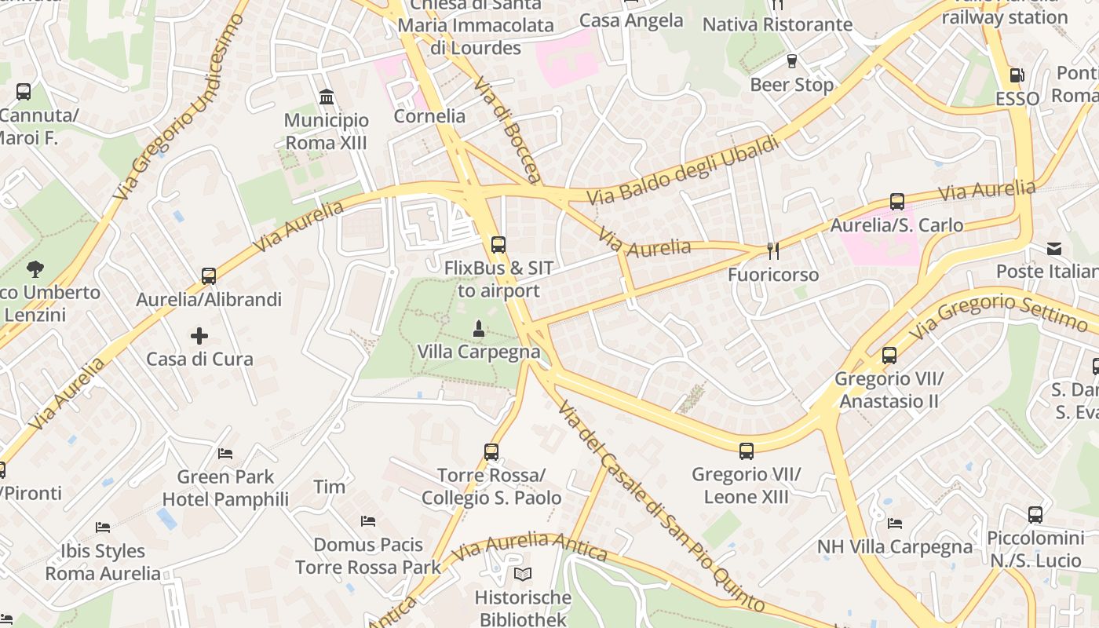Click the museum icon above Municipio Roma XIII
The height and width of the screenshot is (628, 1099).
(327, 97)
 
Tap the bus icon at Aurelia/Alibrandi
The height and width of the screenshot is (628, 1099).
(208, 276)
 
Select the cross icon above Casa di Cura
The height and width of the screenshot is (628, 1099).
(199, 336)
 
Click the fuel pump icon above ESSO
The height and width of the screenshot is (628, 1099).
(1017, 75)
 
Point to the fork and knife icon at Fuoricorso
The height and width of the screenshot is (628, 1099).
(773, 251)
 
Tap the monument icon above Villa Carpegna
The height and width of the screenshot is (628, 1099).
(478, 327)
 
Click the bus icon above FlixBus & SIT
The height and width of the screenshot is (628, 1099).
(498, 244)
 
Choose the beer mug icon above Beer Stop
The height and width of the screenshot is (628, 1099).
(791, 60)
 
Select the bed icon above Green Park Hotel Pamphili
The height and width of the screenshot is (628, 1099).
(225, 454)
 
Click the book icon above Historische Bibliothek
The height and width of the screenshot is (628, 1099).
(523, 574)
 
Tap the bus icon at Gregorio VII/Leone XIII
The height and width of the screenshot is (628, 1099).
(746, 451)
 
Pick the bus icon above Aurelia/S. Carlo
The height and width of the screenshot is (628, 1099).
(896, 202)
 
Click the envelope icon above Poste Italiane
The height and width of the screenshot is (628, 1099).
(1053, 249)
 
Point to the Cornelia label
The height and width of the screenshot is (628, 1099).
(429, 116)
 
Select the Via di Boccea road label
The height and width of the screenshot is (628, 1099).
(507, 129)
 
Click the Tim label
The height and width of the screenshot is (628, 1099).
(329, 487)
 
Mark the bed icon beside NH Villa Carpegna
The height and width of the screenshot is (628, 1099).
(894, 524)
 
